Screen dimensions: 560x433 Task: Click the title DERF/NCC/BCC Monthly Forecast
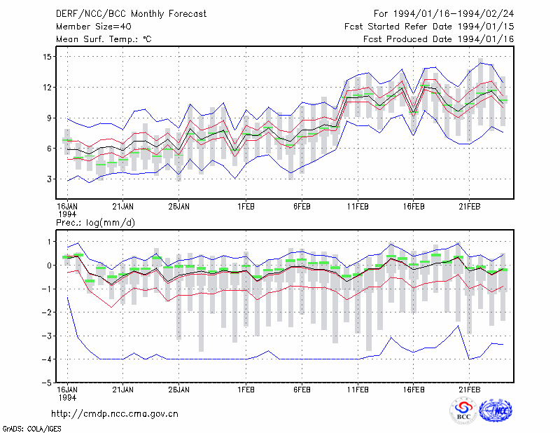coord(131,14)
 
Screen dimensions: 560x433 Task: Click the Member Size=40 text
coord(94,27)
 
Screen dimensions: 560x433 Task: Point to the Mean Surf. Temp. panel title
coord(104,39)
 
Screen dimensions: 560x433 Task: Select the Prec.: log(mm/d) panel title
coord(95,223)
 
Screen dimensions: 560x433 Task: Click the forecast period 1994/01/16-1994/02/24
coord(454,14)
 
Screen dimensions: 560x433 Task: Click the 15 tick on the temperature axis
coord(48,57)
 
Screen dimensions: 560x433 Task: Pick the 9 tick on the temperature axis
coord(49,118)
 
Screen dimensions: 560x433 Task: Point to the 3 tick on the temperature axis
coord(49,179)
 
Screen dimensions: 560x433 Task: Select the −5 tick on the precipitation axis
coord(46,383)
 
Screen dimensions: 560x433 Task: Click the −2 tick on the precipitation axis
coord(46,312)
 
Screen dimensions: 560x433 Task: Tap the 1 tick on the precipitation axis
coord(49,242)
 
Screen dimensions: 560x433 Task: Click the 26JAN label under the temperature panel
coord(178,207)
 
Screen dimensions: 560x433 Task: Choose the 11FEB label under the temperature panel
coord(358,207)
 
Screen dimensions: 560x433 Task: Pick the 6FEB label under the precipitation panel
coord(302,390)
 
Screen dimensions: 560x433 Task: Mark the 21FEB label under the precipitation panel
coord(469,390)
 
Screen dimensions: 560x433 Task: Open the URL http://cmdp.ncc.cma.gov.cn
coord(115,414)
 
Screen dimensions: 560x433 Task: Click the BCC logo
coord(463,411)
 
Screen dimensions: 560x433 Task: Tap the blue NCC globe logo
coord(496,411)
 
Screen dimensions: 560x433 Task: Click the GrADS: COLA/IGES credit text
coord(31,429)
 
